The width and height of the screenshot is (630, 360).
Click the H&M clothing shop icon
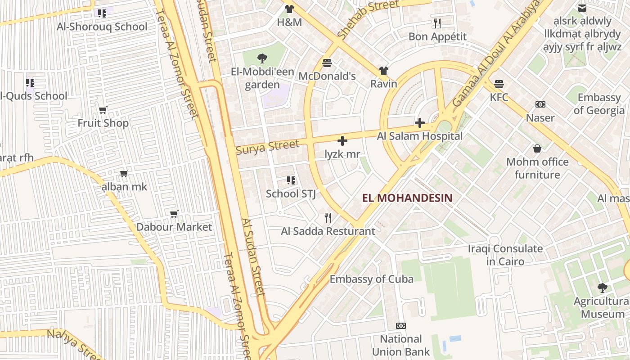tap(289, 9)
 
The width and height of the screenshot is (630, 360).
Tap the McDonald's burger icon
tap(327, 63)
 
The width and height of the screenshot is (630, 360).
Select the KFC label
tap(499, 97)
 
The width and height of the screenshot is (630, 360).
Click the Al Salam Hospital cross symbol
tap(420, 122)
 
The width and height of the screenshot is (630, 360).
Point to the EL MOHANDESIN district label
tap(407, 198)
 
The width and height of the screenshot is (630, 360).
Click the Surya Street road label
tap(267, 147)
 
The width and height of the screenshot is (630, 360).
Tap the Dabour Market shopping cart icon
tap(174, 214)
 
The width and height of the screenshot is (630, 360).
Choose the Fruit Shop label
tap(103, 123)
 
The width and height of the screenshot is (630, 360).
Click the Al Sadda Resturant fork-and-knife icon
tap(328, 218)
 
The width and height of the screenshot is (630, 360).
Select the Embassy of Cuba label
tap(371, 279)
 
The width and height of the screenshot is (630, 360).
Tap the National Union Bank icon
tap(400, 325)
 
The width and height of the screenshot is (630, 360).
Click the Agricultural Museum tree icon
tap(602, 288)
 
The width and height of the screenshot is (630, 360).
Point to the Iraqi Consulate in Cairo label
tap(505, 255)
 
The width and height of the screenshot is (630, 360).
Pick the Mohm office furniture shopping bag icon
tap(537, 148)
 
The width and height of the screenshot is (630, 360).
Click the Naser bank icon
tap(540, 104)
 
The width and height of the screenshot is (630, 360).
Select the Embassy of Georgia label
tap(599, 104)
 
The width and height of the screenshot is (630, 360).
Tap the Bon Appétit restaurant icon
tap(437, 23)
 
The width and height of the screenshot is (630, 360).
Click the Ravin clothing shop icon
tap(383, 71)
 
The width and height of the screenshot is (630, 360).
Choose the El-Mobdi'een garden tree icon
tap(262, 58)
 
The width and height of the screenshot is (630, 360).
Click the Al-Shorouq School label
tap(102, 27)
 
